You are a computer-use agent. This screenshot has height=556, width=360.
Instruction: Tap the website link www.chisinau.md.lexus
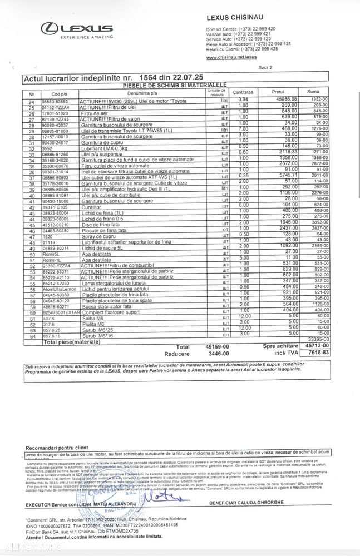231,57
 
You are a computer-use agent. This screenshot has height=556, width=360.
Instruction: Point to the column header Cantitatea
243,92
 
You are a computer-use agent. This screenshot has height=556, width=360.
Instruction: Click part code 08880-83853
55,101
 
